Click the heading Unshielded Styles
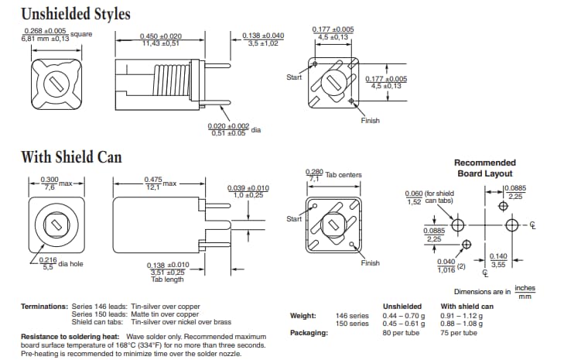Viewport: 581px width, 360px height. pos(75,14)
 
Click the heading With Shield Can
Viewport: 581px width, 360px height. pos(71,157)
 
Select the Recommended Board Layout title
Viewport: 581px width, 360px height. pos(484,168)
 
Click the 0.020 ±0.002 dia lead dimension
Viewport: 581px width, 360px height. pos(228,129)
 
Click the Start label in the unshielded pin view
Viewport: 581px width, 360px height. pos(294,77)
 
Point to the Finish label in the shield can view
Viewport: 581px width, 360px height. pos(371,263)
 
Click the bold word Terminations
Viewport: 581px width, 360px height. pos(44,307)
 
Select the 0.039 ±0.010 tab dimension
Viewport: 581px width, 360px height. pos(248,191)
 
